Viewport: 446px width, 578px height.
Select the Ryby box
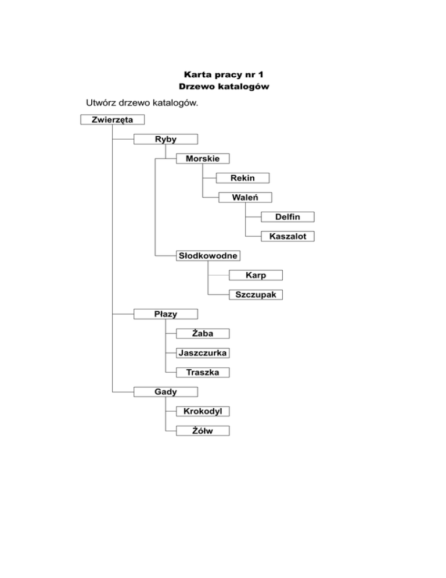click(166, 139)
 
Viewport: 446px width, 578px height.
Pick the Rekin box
click(242, 178)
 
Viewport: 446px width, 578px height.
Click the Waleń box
click(244, 197)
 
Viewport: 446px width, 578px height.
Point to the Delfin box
click(287, 217)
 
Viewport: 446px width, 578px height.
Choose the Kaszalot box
click(287, 236)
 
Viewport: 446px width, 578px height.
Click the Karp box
click(256, 275)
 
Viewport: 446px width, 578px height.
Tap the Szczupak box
click(256, 295)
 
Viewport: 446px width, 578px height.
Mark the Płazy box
click(166, 314)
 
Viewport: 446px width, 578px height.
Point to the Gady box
click(166, 391)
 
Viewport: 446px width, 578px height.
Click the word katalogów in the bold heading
click(246, 87)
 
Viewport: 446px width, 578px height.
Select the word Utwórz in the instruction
click(104, 104)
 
